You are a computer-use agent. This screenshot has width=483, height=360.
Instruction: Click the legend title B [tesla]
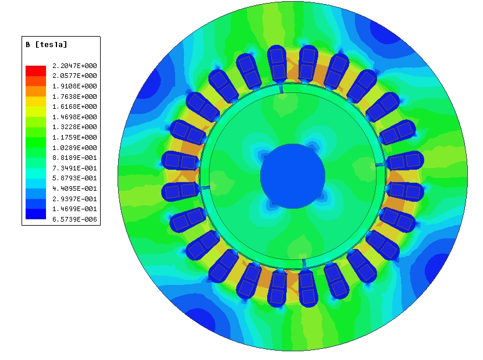click(46, 45)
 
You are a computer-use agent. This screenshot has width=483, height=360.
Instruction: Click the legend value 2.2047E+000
click(74, 66)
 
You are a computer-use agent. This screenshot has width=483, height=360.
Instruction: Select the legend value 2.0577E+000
click(74, 76)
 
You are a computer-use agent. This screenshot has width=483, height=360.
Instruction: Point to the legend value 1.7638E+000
click(74, 97)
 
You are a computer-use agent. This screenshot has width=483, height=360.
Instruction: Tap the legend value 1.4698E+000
click(74, 117)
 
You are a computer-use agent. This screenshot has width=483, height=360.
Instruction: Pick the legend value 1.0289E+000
click(74, 148)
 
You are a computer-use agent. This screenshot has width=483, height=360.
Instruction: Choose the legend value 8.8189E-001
click(74, 158)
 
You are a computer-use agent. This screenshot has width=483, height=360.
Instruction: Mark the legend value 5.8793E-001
click(74, 178)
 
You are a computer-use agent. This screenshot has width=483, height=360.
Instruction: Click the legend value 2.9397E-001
click(74, 199)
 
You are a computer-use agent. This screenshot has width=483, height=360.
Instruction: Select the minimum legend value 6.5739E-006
click(74, 219)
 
